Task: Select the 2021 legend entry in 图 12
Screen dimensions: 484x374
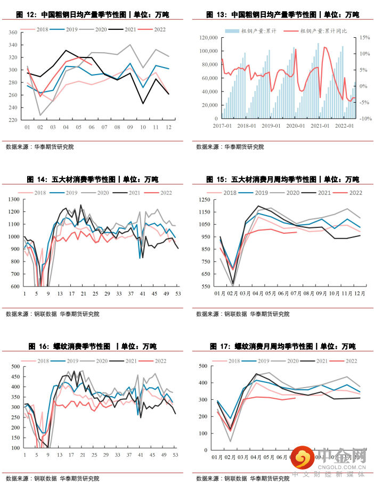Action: click(129, 29)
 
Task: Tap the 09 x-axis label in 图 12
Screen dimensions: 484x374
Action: click(131, 128)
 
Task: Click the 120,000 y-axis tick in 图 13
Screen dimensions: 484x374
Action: click(208, 38)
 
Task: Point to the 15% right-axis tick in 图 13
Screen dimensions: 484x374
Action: click(364, 38)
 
